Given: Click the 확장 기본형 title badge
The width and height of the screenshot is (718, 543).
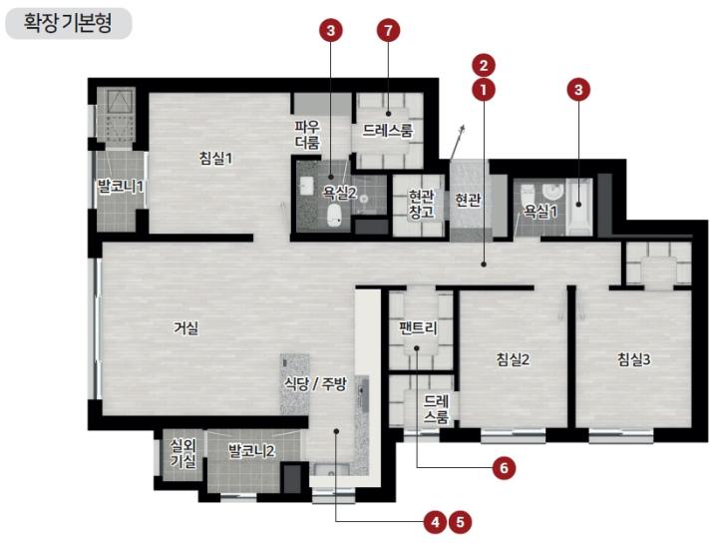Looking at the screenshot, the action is pos(68,23).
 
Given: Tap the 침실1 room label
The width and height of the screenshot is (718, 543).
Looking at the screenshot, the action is pos(215,159).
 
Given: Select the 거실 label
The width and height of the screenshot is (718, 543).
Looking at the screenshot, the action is pos(185,328).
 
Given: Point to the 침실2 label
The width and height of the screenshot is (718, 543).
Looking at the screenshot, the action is pos(513,359).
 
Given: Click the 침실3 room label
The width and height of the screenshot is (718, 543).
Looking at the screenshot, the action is pos(634,359).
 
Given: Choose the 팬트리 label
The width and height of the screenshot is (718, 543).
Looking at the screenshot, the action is pos(418,328).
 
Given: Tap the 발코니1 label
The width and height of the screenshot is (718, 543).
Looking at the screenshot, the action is pos(121,187).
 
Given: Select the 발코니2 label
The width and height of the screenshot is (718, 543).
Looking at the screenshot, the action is pos(251,451).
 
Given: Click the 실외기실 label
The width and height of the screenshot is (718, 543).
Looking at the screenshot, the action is pos(183,453).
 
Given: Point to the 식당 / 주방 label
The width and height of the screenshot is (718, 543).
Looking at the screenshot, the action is pos(315,383).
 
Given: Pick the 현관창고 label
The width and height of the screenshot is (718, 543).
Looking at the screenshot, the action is pos(421,205).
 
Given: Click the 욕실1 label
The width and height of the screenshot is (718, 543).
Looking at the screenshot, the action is pos(540,212).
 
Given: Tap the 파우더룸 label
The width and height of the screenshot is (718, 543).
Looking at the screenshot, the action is pos(307,135).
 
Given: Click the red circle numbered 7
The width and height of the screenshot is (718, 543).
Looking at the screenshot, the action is pos(388,31).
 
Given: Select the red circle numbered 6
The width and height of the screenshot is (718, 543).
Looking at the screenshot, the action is pos(504,468).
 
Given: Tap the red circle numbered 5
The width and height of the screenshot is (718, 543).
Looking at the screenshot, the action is pos(460,522).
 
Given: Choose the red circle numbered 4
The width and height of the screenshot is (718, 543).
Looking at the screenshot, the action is pos(435,522).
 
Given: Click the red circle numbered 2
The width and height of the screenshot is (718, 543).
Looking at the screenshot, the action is pos(484,66).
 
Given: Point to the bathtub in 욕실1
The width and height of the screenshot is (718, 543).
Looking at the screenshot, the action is pos(579,208).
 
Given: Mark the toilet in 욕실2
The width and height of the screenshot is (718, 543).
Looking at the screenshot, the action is pos(335,216).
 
